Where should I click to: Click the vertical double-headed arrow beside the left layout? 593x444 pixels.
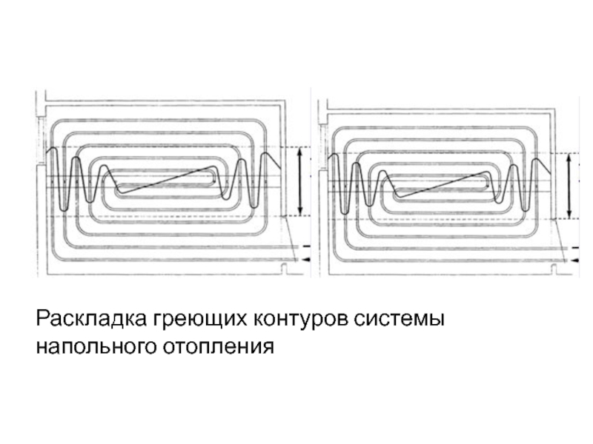point(299,181)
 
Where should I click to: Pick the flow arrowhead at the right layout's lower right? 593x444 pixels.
point(572,261)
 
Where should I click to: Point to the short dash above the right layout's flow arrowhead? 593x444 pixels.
point(572,248)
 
